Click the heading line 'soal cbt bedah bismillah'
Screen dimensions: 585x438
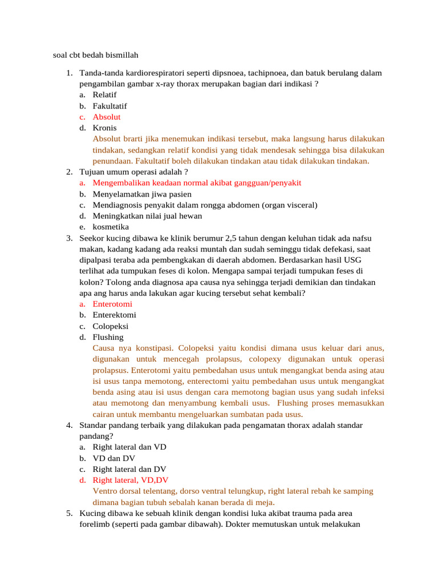pos(95,55)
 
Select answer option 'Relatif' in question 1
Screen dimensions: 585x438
pos(106,95)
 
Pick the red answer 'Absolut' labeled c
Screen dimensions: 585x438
pos(107,117)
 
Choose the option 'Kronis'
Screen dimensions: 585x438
pos(104,128)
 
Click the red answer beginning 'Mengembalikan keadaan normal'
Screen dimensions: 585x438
pos(197,183)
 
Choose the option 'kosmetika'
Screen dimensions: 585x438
pos(111,227)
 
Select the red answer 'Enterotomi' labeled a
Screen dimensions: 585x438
pos(112,304)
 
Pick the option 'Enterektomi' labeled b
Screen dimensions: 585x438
pos(114,315)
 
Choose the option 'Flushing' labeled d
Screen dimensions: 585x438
pos(108,337)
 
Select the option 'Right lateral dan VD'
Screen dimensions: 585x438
pos(129,447)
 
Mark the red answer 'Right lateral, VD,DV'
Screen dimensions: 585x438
pos(131,480)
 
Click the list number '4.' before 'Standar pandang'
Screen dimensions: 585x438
pos(69,426)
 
